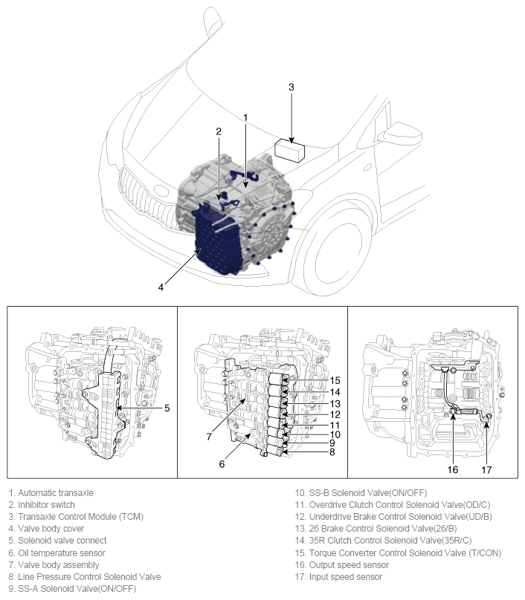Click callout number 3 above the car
(x=292, y=87)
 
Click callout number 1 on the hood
(x=245, y=117)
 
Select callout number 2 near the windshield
(x=219, y=131)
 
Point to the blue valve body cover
(x=218, y=241)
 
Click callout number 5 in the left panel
(x=167, y=408)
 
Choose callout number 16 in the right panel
(x=453, y=469)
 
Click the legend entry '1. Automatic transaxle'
(x=51, y=492)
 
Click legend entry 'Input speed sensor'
(x=338, y=576)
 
